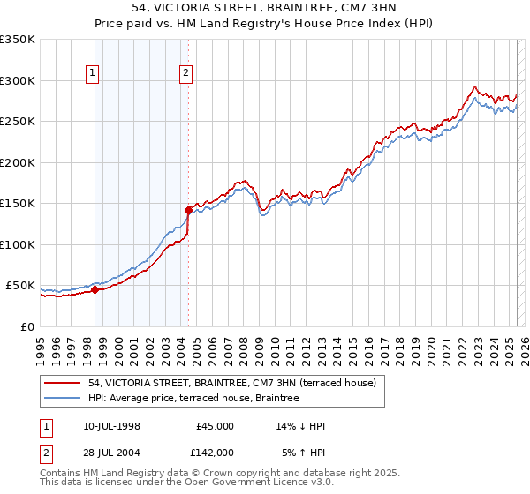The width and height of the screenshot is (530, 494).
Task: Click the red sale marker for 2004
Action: point(188,210)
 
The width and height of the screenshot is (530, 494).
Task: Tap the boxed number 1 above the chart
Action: point(93,74)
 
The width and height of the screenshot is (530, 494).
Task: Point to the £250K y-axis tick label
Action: point(18,122)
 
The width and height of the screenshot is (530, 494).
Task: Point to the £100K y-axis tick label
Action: point(18,244)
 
